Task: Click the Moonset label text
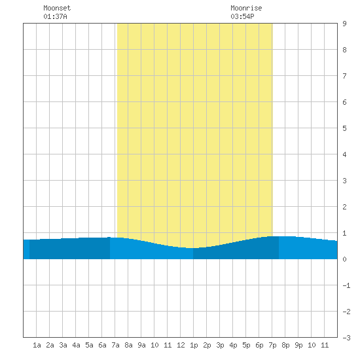57,8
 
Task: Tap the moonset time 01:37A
55,16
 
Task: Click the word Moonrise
246,8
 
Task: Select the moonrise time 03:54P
242,16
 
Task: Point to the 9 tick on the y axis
344,24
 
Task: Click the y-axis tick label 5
344,128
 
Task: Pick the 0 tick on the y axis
344,259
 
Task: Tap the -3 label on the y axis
346,338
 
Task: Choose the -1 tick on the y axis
346,285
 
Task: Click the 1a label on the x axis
37,345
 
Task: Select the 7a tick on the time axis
115,345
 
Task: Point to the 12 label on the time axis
181,345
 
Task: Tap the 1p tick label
194,345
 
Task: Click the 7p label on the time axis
272,345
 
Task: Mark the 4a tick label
76,345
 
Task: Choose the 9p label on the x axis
298,345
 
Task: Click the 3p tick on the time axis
220,345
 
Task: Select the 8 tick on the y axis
344,50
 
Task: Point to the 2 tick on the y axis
344,207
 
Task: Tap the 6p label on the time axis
259,345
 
